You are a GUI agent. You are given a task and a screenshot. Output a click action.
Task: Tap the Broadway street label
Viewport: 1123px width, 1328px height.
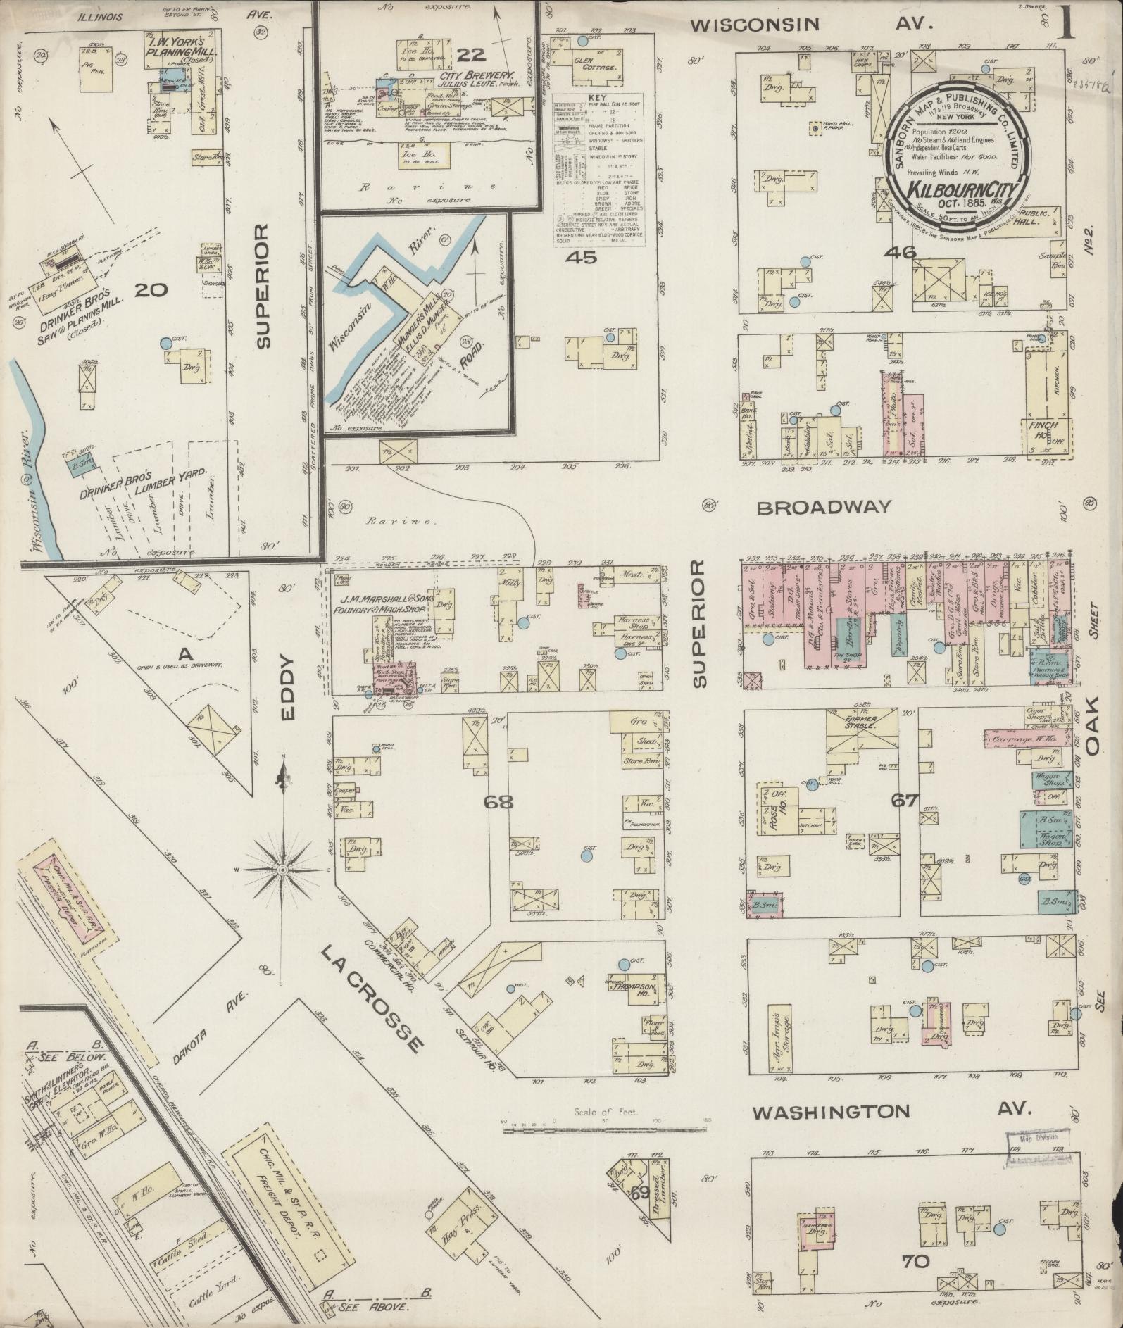coord(824,507)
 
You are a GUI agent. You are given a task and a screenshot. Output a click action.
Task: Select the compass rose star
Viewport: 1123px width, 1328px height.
coord(282,870)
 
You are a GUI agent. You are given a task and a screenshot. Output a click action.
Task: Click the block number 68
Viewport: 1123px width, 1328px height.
coord(498,801)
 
